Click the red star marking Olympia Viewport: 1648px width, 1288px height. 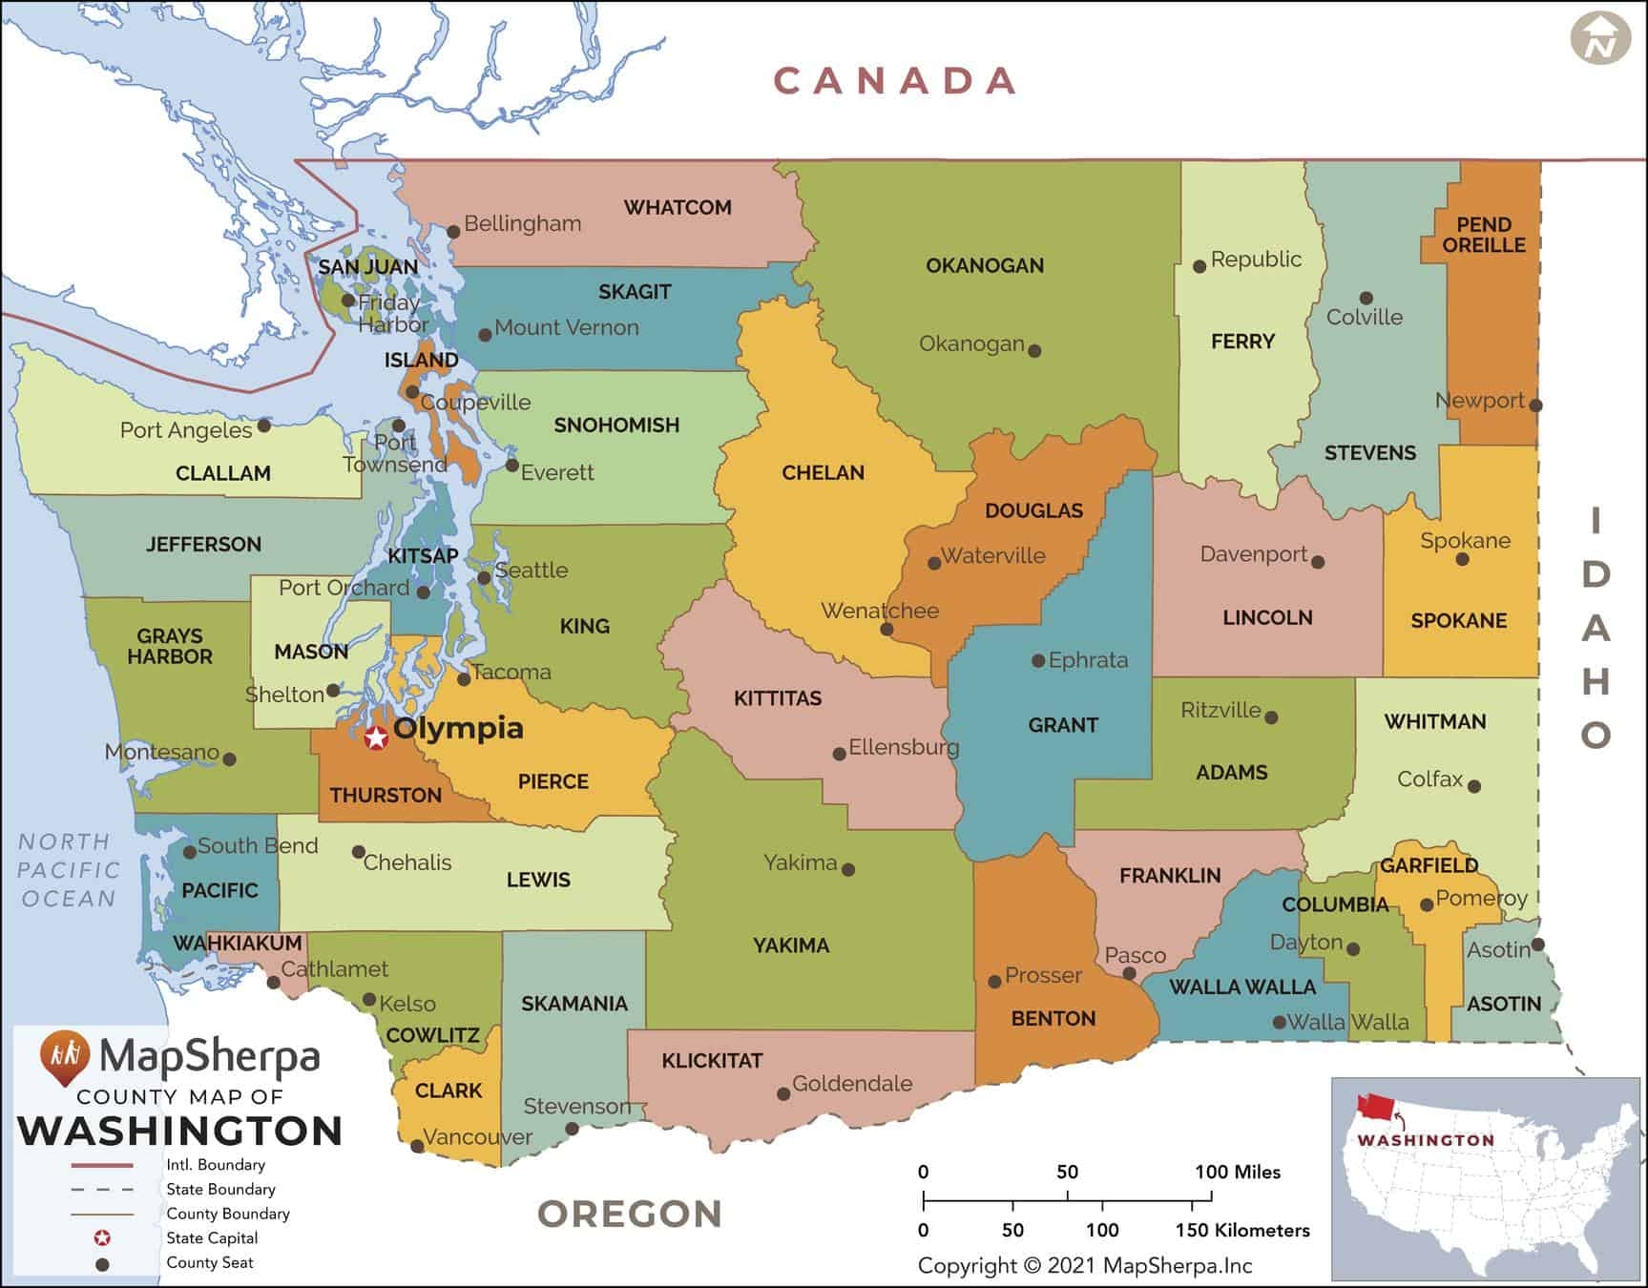(376, 737)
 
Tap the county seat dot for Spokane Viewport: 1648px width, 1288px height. (1462, 559)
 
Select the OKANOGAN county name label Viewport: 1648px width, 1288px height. (985, 265)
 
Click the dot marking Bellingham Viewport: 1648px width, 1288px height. (454, 232)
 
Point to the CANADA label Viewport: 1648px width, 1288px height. (894, 81)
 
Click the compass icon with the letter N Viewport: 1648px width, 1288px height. (1600, 41)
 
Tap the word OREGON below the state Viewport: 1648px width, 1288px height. (630, 1214)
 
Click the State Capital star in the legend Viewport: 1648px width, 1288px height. (102, 1238)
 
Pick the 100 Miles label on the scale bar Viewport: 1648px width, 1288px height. (1238, 1172)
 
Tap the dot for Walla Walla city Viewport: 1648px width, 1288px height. (1279, 1022)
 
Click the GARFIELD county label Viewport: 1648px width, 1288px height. (1429, 865)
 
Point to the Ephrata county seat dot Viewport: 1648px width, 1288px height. (1038, 660)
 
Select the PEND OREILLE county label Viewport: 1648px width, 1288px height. (1484, 235)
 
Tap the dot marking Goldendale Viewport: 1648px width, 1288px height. (783, 1093)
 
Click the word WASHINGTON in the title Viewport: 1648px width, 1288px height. (180, 1131)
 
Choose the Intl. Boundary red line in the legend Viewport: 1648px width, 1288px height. (102, 1166)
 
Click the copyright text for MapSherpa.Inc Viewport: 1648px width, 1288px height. (1085, 1266)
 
